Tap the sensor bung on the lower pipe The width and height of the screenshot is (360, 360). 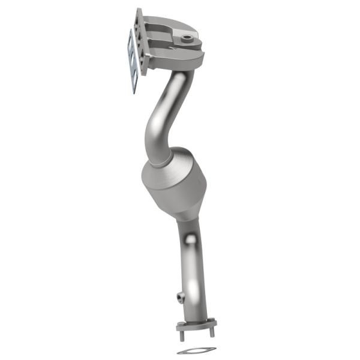point(179,295)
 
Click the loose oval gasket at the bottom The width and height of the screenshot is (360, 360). point(196,350)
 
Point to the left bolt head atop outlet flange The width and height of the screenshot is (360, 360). point(180,324)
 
